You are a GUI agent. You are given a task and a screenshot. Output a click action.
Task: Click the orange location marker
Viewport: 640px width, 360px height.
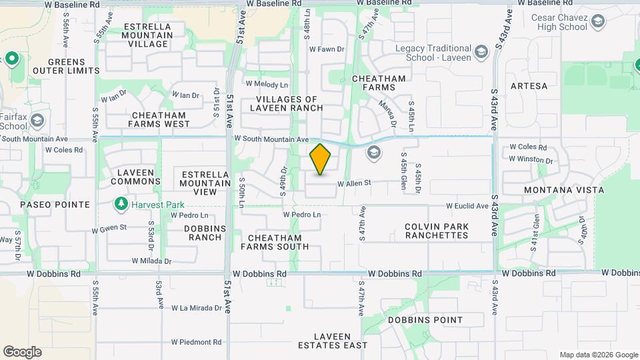[321, 159]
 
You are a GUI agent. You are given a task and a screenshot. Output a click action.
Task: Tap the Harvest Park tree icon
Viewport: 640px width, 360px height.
[121, 203]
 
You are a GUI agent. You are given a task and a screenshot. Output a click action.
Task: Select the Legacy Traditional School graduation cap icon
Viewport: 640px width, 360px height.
[481, 51]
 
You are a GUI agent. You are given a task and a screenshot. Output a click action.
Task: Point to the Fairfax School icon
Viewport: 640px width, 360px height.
[37, 121]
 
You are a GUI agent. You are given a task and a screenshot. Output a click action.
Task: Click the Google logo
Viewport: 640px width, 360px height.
[22, 352]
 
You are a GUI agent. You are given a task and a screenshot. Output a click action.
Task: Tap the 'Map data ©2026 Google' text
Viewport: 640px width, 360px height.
[598, 355]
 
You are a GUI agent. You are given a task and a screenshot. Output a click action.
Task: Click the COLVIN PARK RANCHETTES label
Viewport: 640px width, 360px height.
[437, 231]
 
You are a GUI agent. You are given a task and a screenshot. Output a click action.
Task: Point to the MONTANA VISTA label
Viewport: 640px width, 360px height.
[564, 190]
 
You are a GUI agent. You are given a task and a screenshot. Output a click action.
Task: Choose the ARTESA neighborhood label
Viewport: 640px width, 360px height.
[529, 86]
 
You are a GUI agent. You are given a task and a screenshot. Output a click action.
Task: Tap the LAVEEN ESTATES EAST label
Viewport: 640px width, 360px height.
[331, 340]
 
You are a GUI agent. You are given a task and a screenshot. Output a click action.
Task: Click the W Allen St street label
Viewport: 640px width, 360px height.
[354, 183]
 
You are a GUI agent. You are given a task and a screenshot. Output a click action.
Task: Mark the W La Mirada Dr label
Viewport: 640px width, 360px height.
[196, 308]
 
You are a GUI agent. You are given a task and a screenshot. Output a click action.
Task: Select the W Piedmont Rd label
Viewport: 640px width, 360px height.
[196, 342]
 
